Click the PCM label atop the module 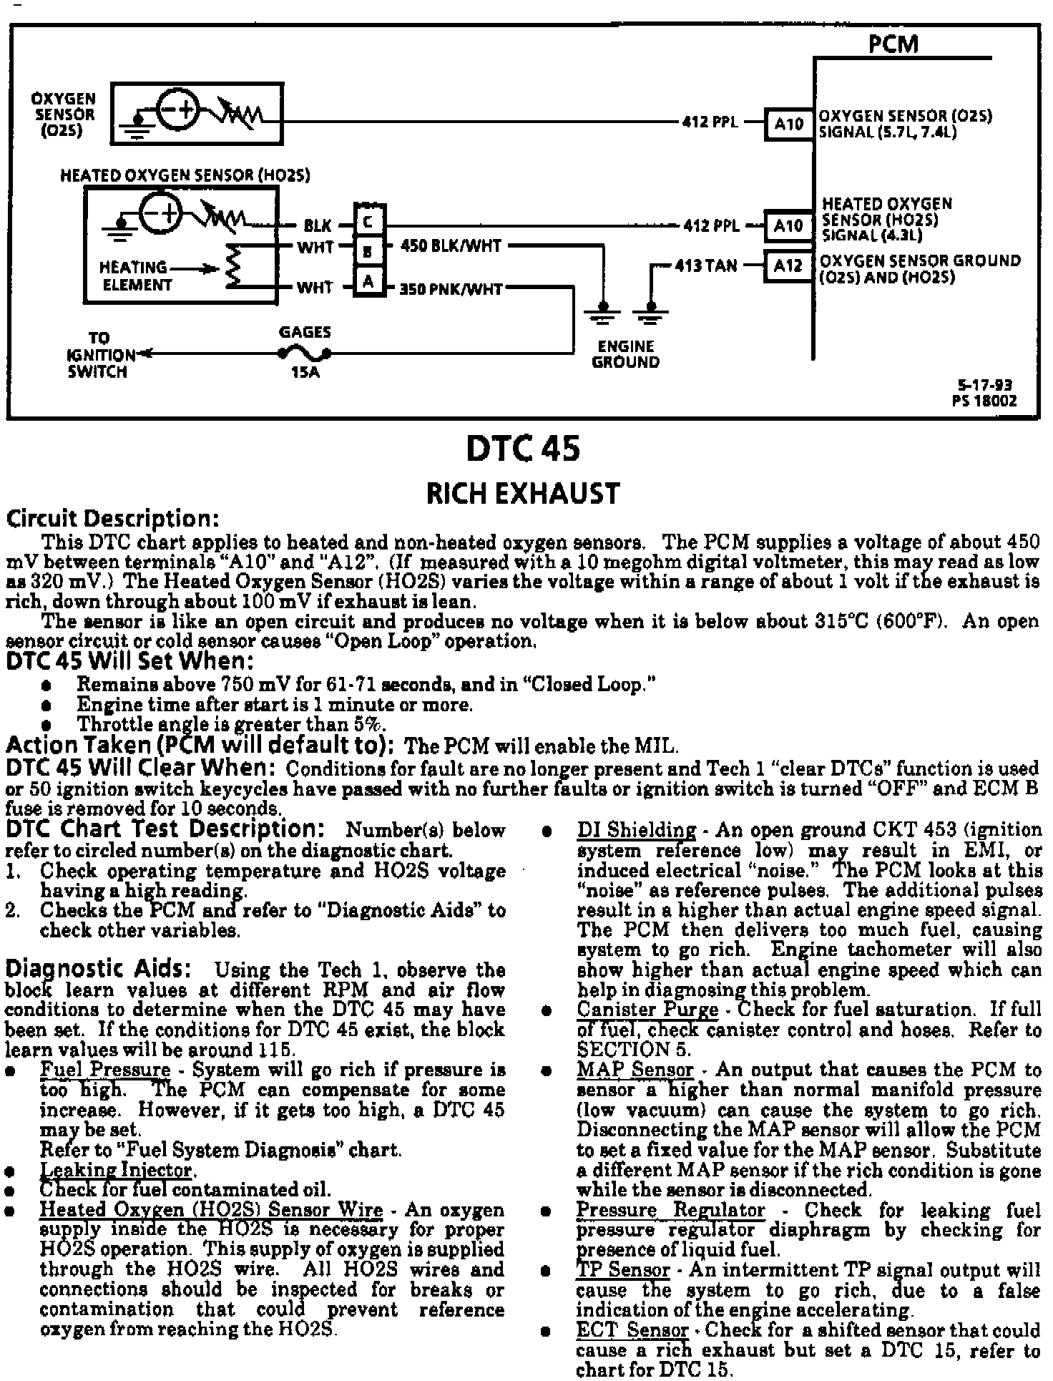click(893, 44)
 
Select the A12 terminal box click(788, 265)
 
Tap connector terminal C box click(368, 222)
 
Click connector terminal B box click(368, 250)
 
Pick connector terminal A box click(368, 281)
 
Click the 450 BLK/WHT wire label click(451, 246)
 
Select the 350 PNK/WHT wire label click(451, 289)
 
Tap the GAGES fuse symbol click(305, 353)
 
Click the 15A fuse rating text click(305, 373)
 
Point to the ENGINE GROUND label click(625, 354)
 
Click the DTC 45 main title click(523, 449)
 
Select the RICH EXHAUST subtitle click(522, 494)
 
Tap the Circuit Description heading click(112, 518)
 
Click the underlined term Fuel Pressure click(105, 1070)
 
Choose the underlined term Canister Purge click(647, 1010)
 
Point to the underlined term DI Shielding click(636, 830)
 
